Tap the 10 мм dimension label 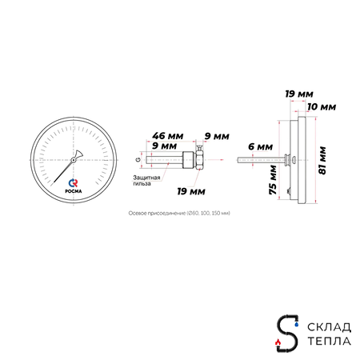point(322,106)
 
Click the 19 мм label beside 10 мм point(298,94)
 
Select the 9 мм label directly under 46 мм point(164,146)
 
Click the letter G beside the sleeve point(138,160)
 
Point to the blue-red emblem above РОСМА point(74,179)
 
